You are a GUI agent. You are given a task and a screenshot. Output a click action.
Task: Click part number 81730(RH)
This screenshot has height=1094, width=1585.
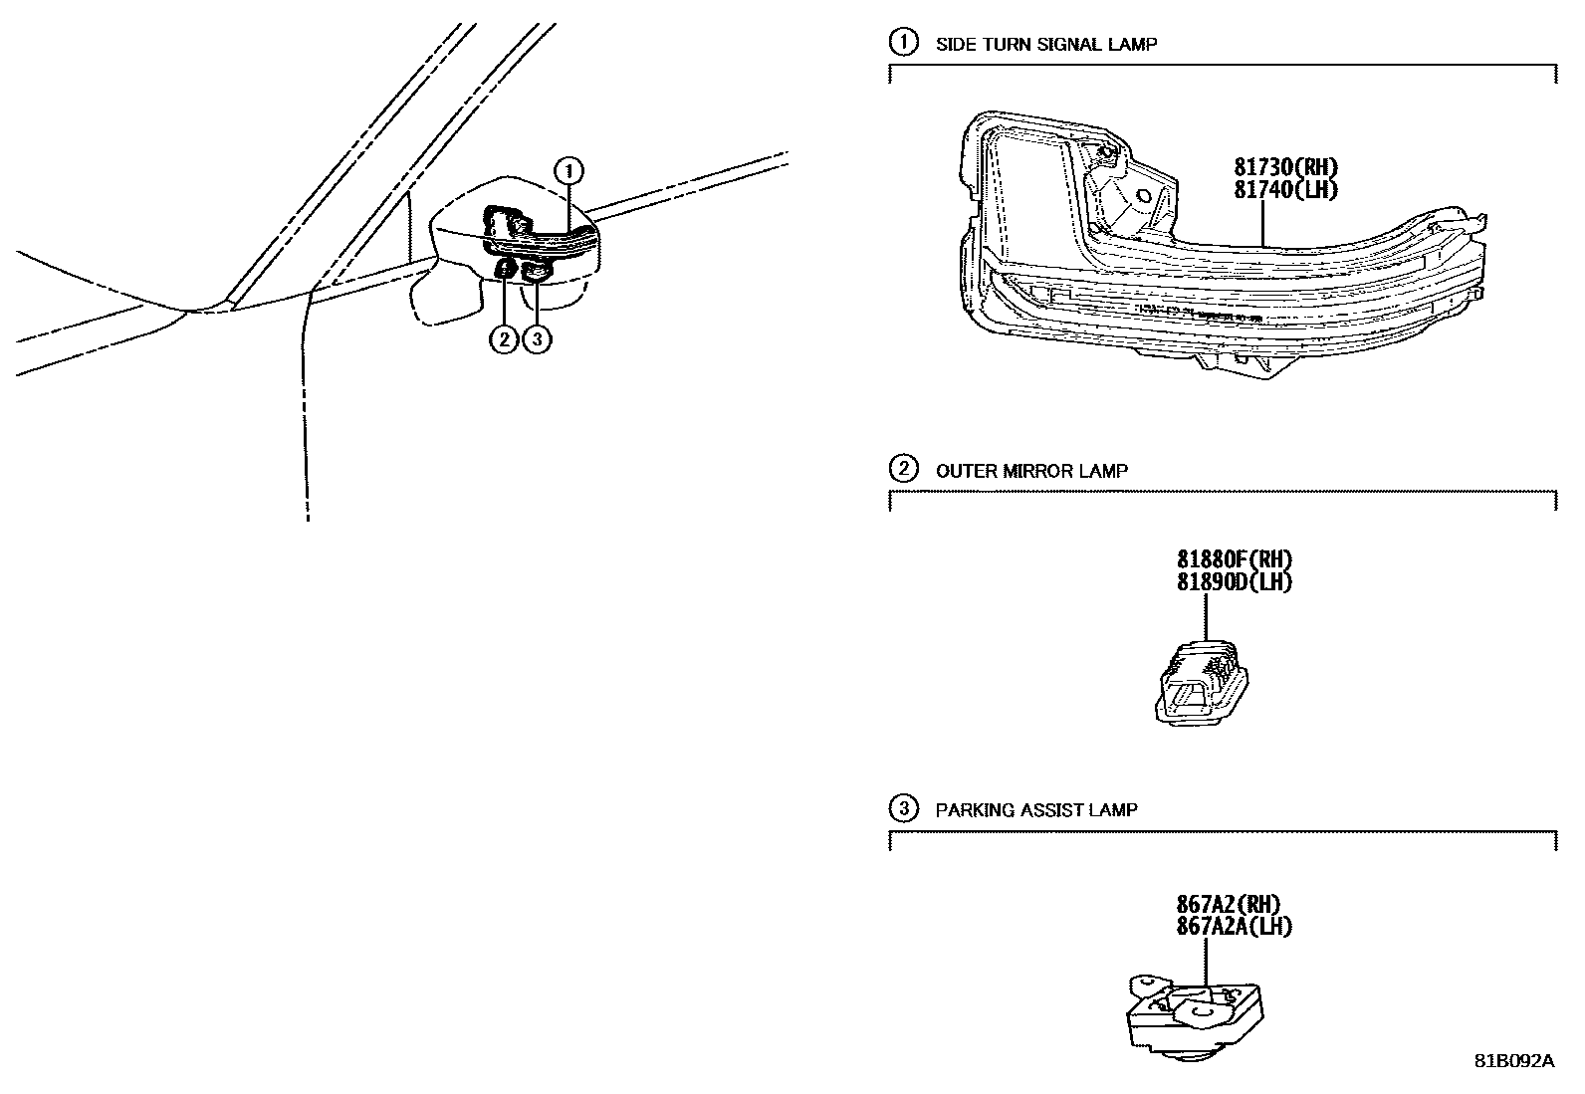click(x=1285, y=168)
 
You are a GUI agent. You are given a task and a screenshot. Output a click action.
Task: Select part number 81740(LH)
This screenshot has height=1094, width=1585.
click(x=1285, y=189)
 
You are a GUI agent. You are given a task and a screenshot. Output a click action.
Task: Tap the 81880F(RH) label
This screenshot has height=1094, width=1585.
click(x=1235, y=560)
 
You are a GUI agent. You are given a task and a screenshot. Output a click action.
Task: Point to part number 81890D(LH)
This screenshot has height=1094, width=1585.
click(x=1235, y=582)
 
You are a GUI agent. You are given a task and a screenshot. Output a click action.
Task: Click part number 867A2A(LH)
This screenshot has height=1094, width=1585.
click(x=1235, y=926)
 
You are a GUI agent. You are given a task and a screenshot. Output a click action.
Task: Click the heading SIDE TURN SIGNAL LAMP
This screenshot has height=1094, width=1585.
click(x=1046, y=44)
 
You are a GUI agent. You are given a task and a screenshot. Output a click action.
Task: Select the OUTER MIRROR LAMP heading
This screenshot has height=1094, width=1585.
click(x=1031, y=471)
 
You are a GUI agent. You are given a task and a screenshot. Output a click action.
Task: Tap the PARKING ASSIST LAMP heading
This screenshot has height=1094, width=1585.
click(x=1035, y=810)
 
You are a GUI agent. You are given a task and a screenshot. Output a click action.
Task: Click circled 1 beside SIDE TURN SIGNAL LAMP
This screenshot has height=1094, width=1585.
click(x=902, y=43)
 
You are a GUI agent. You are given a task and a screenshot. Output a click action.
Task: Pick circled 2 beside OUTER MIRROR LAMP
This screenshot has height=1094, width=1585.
click(x=902, y=469)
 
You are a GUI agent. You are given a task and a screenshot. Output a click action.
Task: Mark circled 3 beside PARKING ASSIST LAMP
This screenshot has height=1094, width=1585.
click(x=902, y=809)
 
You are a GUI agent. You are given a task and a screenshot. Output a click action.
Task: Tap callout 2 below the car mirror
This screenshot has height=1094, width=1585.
click(x=504, y=339)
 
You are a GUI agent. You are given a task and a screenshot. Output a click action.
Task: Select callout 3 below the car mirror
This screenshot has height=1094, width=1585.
click(x=536, y=339)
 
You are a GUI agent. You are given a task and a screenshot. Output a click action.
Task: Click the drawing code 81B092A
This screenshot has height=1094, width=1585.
click(x=1513, y=1061)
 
